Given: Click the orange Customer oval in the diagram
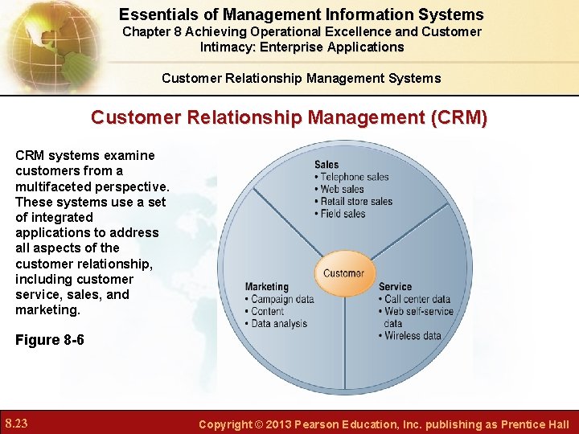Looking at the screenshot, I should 343,273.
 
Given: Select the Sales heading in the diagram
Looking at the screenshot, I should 326,165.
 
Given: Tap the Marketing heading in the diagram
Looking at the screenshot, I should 266,287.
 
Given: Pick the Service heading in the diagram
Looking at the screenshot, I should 395,287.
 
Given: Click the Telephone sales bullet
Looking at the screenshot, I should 355,177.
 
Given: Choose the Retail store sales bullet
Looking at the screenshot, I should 356,201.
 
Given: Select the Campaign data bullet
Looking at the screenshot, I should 282,299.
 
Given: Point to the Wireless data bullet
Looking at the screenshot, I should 413,335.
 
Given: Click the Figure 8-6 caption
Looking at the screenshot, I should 50,340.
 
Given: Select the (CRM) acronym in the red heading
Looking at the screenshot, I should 459,117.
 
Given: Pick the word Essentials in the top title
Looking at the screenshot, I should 158,14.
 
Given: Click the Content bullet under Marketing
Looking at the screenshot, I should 267,311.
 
